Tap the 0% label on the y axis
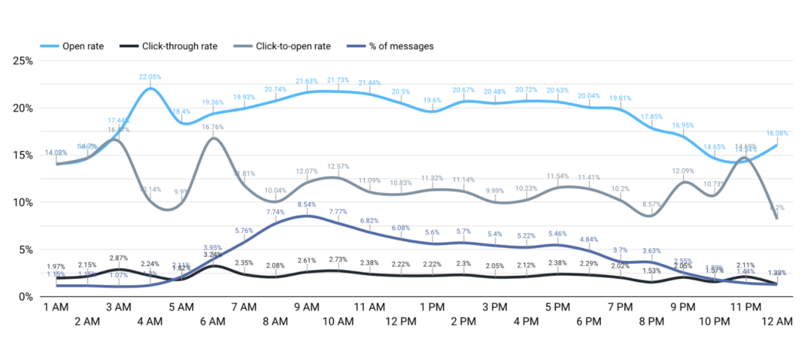(27, 297)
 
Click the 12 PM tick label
(400, 321)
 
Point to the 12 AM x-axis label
(776, 321)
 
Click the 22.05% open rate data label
(150, 77)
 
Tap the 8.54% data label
(306, 205)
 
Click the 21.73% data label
(337, 80)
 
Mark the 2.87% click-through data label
(118, 257)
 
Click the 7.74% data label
(275, 211)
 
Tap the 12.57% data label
(337, 166)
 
